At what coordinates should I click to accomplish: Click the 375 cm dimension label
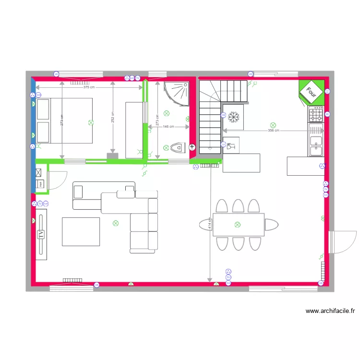89,87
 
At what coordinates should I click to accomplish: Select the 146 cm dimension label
168,127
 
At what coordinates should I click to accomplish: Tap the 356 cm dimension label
274,131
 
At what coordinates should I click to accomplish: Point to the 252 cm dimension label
112,118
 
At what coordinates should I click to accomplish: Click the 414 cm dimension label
210,223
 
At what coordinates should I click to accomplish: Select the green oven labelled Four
312,91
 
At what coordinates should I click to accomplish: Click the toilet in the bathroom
176,147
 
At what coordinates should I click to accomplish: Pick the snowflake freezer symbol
234,117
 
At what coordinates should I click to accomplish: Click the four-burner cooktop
316,115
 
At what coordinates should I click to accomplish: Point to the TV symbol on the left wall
41,234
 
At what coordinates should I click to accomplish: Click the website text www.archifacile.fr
330,311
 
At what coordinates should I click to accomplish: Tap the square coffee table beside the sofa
81,232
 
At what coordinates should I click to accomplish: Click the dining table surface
239,225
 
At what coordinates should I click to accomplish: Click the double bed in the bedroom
64,120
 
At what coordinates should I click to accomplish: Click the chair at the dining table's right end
272,225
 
